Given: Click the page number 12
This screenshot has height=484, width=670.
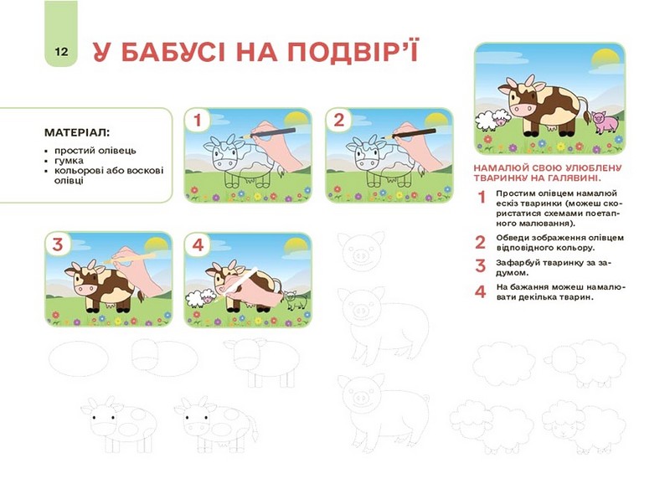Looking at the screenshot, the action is click(61, 52).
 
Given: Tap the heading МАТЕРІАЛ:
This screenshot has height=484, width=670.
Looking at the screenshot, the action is click(77, 132).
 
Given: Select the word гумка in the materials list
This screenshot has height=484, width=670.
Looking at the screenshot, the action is click(69, 161).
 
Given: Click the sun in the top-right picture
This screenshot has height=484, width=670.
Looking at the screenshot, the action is click(605, 59).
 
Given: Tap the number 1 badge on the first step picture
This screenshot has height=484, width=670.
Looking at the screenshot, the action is click(198, 120).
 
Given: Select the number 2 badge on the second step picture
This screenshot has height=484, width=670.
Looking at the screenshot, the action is click(338, 120).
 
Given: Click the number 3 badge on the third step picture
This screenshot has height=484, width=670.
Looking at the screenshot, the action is click(58, 245).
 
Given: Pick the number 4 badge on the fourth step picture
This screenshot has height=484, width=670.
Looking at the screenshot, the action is click(198, 245).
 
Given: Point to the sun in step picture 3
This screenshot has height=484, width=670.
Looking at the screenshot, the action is click(157, 246).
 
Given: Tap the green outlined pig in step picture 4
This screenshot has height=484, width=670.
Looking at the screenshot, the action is click(296, 300).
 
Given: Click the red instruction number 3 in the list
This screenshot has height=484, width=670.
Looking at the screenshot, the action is click(480, 265).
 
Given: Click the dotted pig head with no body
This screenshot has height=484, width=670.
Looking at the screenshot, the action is click(361, 250).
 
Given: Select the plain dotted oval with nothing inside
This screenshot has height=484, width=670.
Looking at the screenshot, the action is click(79, 358).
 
